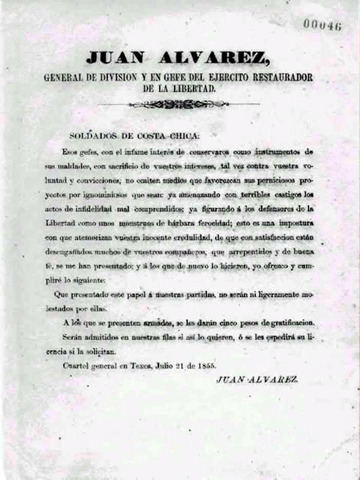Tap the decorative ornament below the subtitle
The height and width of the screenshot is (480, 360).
click(180, 103)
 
